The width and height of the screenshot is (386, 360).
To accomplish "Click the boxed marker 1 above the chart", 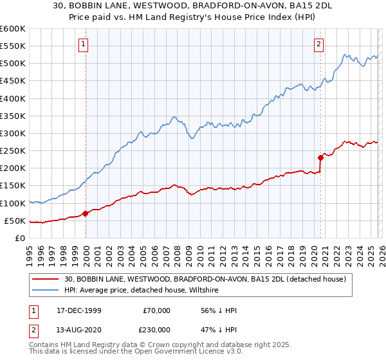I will coord(84,44).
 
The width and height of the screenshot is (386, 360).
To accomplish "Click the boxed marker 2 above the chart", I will coord(319,44).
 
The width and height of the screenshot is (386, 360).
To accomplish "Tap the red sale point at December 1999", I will coord(86,213).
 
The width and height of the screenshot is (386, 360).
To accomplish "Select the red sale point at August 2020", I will coord(320,157).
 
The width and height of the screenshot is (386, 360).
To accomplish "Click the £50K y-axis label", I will coord(15,221).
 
